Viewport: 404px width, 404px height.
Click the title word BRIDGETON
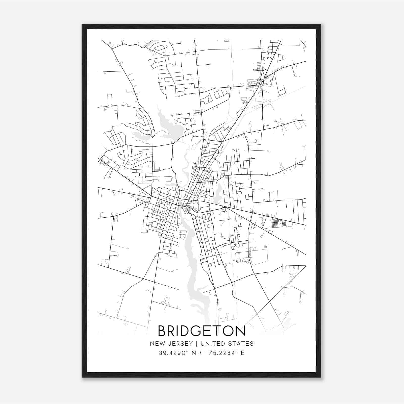tap(201, 331)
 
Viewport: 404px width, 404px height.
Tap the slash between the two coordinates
tap(201, 353)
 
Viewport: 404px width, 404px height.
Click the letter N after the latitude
tap(194, 353)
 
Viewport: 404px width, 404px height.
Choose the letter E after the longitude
tap(242, 353)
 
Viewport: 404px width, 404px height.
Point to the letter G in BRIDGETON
tap(197, 331)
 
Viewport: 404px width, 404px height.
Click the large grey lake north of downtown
tap(172, 126)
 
